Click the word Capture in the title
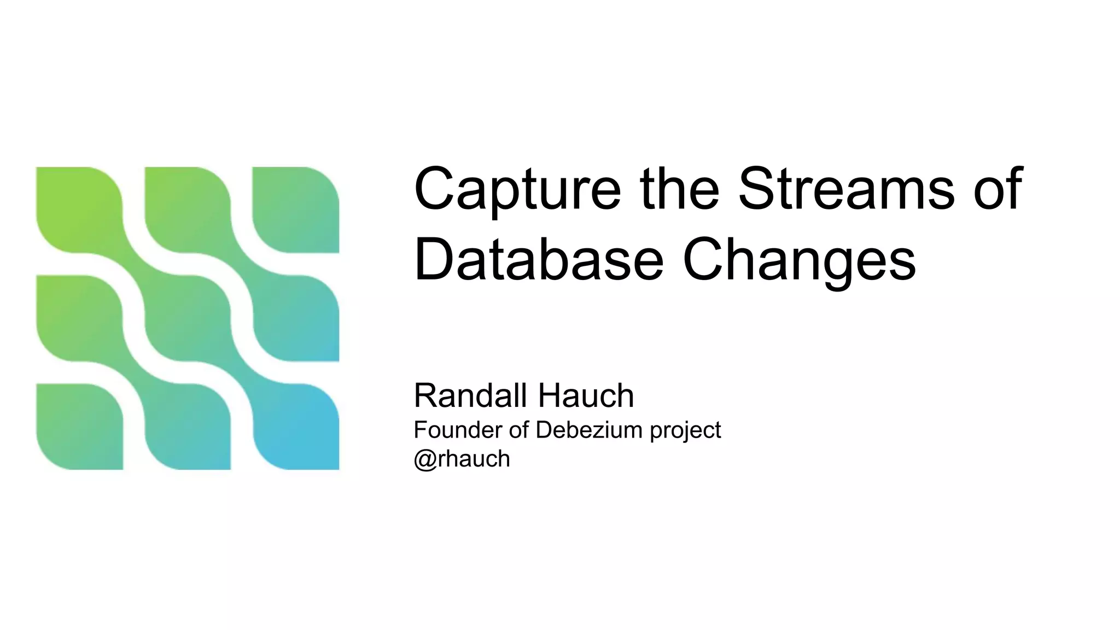[x=517, y=189]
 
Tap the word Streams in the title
[x=846, y=189]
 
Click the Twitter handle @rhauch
[x=462, y=459]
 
